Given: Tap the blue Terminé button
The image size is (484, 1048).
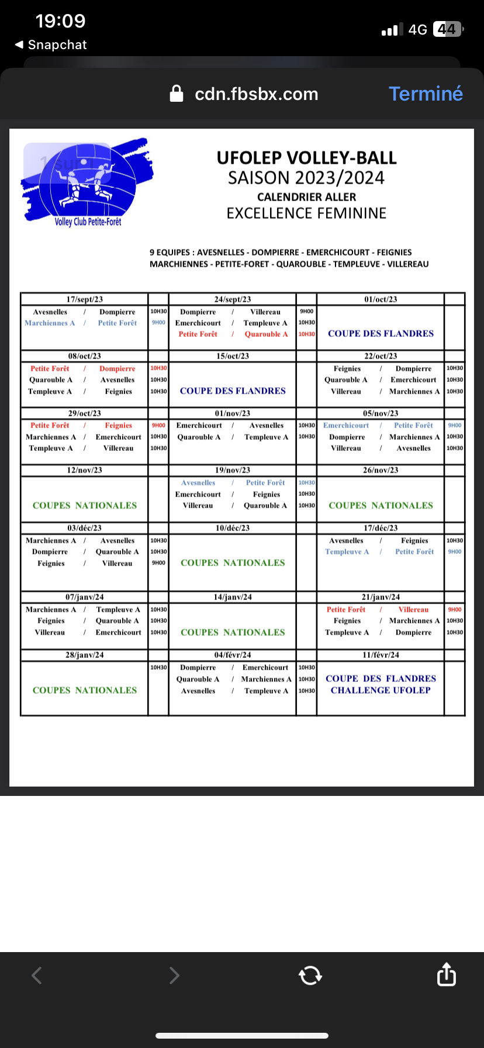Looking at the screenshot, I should pyautogui.click(x=426, y=94).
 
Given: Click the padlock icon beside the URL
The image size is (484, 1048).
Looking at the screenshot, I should pyautogui.click(x=177, y=94).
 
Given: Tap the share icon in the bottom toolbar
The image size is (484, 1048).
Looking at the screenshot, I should pyautogui.click(x=446, y=974).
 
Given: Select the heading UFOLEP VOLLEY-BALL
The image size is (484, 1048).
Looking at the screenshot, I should pyautogui.click(x=306, y=158).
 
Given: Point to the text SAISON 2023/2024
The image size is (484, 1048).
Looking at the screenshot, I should pyautogui.click(x=306, y=178).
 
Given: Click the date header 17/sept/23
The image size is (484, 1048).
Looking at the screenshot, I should pyautogui.click(x=85, y=299).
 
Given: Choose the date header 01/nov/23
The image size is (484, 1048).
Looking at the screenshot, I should pyautogui.click(x=233, y=413).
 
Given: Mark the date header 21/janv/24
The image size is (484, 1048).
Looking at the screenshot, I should pyautogui.click(x=381, y=597).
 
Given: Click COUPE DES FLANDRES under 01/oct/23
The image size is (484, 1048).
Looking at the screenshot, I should pyautogui.click(x=381, y=333).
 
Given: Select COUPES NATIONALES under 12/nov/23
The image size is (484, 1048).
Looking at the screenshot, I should pyautogui.click(x=85, y=505).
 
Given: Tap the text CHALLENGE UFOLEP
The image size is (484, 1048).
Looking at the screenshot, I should pyautogui.click(x=381, y=690).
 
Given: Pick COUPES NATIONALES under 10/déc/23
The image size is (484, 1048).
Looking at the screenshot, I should pyautogui.click(x=233, y=563).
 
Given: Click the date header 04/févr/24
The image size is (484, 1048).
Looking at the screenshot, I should pyautogui.click(x=233, y=655).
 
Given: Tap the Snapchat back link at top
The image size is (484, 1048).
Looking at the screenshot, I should pyautogui.click(x=51, y=45).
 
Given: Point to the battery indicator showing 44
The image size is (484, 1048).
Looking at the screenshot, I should pyautogui.click(x=447, y=29).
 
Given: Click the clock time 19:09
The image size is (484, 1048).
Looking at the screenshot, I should pyautogui.click(x=60, y=21).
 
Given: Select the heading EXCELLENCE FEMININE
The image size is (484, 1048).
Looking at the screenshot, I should pyautogui.click(x=306, y=213).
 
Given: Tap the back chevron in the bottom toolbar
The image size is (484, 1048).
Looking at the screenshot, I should pyautogui.click(x=37, y=975).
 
